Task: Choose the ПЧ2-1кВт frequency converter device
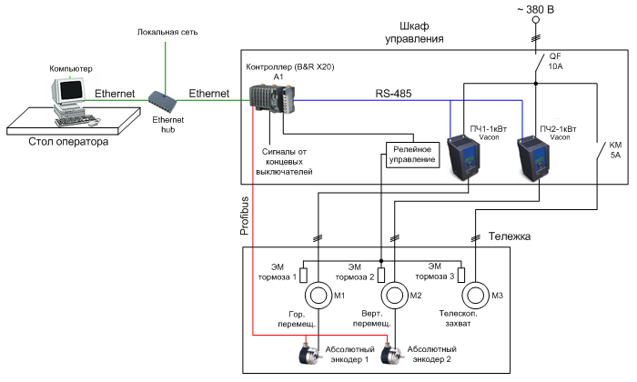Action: pos(536,155)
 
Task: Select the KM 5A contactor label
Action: pos(614,149)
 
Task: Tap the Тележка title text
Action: pos(508,236)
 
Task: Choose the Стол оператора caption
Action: pos(69,142)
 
